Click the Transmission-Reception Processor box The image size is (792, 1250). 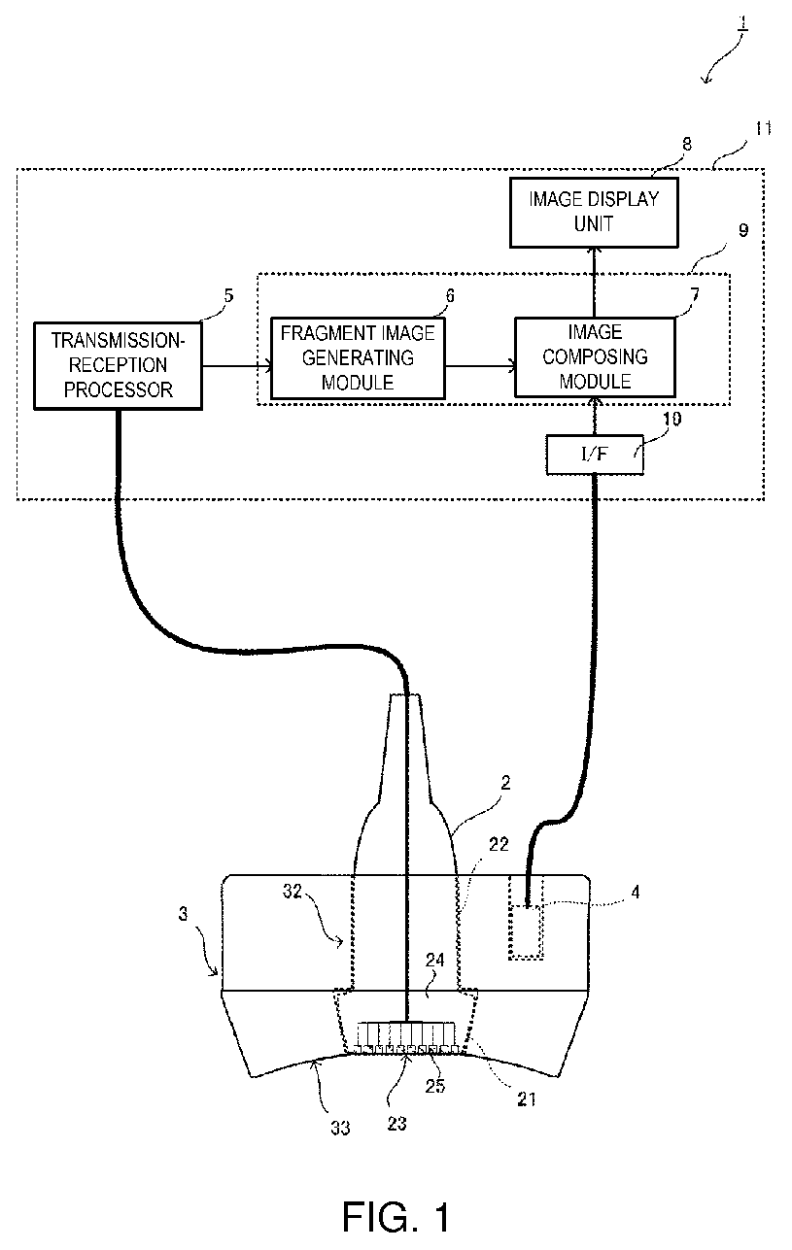pyautogui.click(x=118, y=365)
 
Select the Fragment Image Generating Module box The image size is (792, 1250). pyautogui.click(x=358, y=358)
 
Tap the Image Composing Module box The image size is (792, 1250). pyautogui.click(x=595, y=357)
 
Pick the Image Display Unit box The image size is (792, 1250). pyautogui.click(x=594, y=212)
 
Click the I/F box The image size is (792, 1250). pyautogui.click(x=595, y=455)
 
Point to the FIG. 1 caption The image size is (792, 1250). pyautogui.click(x=396, y=1217)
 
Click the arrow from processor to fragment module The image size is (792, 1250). pyautogui.click(x=237, y=366)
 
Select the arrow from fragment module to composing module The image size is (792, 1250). pyautogui.click(x=480, y=366)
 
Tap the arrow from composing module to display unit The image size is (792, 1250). pyautogui.click(x=595, y=283)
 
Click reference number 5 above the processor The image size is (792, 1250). pyautogui.click(x=228, y=295)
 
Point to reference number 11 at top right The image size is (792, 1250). pyautogui.click(x=763, y=128)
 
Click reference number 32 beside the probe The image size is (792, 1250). pyautogui.click(x=293, y=892)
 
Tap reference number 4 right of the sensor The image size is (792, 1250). pyautogui.click(x=635, y=893)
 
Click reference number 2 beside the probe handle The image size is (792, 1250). pyautogui.click(x=505, y=784)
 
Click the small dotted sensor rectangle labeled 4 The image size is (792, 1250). pyautogui.click(x=526, y=932)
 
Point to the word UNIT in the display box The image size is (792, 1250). pyautogui.click(x=594, y=224)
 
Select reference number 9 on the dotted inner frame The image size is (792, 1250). pyautogui.click(x=743, y=230)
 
